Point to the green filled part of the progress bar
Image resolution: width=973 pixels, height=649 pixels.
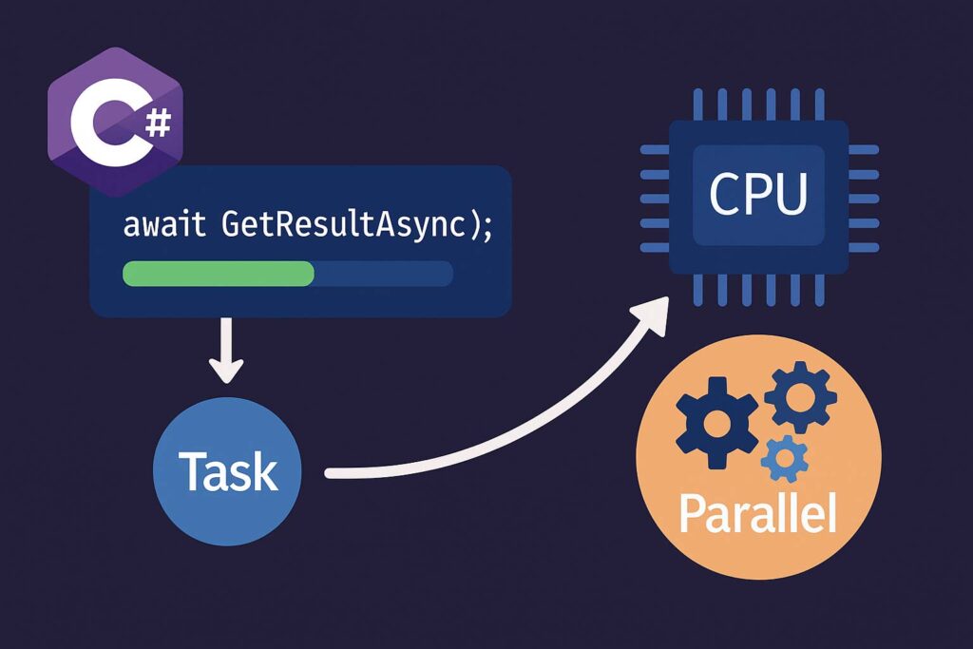tap(219, 274)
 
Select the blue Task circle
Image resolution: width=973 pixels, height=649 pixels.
tap(227, 471)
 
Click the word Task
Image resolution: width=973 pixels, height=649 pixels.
tap(227, 472)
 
